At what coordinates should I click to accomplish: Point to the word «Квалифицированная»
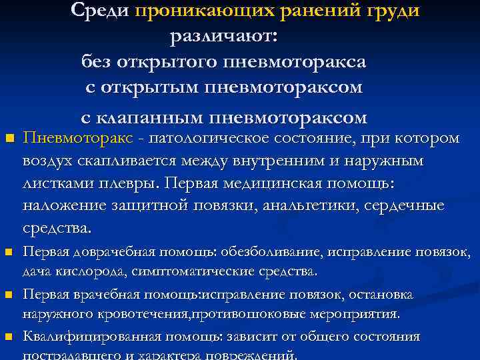(x=79, y=337)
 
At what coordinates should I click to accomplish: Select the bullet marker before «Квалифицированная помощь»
(x=9, y=337)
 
